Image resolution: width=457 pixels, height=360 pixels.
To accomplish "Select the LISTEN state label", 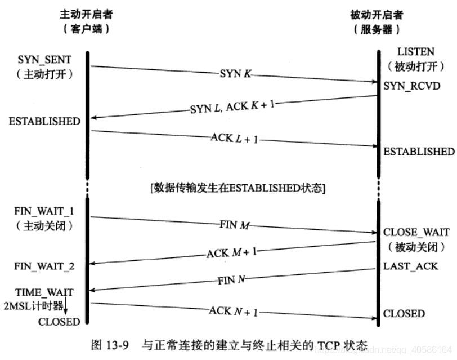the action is click(415, 52).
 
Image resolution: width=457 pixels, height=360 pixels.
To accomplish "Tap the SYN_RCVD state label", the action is click(412, 86).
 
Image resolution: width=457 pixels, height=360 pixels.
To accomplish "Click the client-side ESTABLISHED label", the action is click(44, 121).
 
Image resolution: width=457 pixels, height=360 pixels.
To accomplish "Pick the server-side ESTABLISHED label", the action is click(418, 152).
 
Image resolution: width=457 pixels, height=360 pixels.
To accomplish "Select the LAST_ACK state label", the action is click(410, 265).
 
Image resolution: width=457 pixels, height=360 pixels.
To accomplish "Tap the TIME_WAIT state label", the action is click(45, 293).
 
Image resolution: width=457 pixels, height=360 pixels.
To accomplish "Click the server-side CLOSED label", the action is click(404, 313).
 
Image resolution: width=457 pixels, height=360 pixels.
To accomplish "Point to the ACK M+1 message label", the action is click(232, 252).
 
